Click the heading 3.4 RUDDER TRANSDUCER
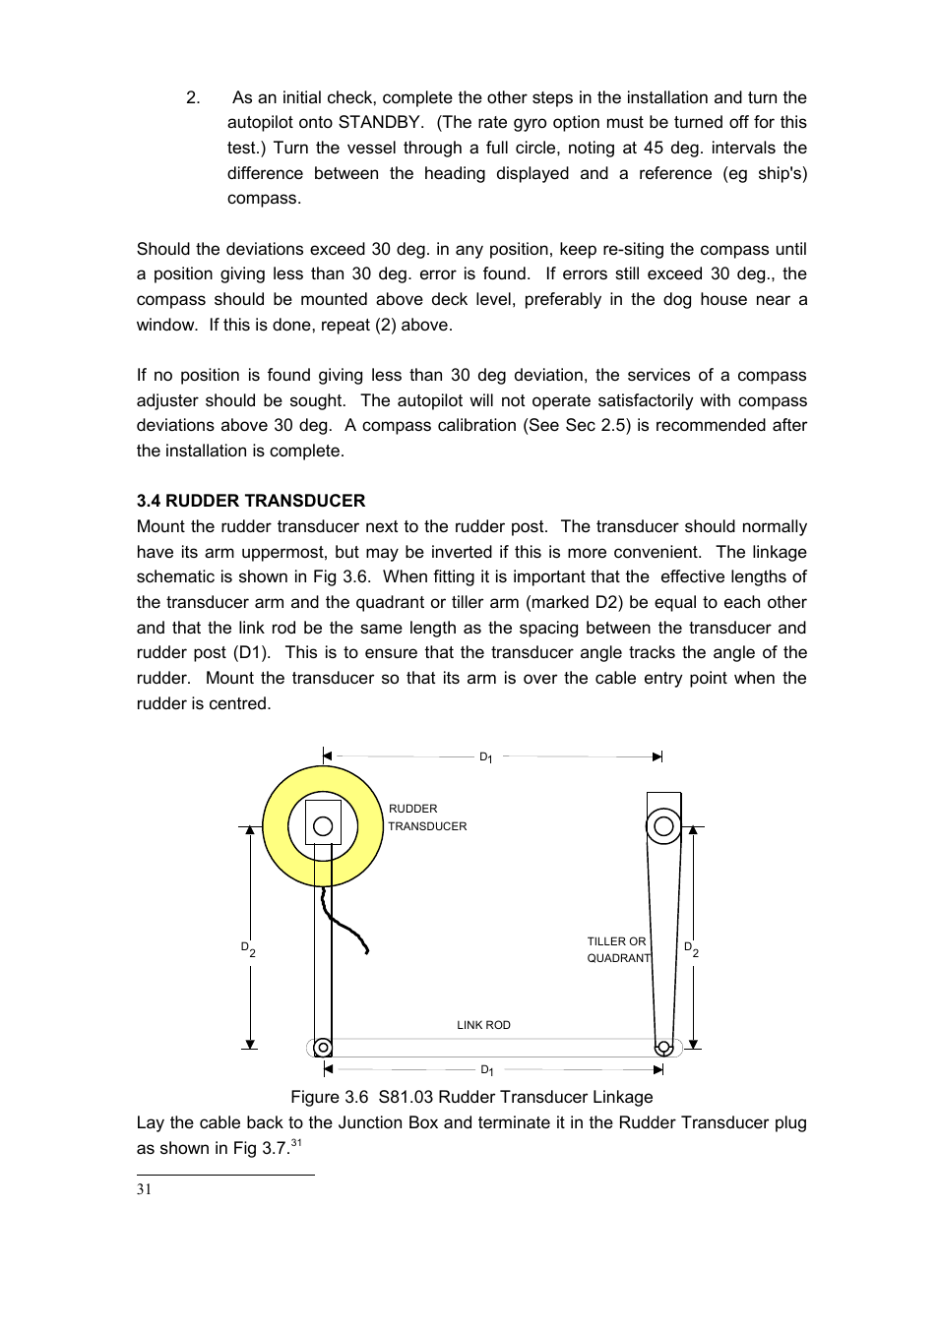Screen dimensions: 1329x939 coord(250,501)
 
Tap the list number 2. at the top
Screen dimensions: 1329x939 coord(193,97)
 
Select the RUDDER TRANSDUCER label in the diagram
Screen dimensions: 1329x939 coord(426,817)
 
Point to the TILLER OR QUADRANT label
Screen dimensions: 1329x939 coord(617,949)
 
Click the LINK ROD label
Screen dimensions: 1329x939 coord(483,1025)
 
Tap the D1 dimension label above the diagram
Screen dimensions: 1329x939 coord(485,757)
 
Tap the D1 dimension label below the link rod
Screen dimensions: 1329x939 coord(486,1070)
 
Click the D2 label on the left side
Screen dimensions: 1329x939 coord(248,949)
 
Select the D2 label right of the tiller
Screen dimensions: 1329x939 coord(691,949)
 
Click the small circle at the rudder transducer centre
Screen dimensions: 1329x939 coord(323,826)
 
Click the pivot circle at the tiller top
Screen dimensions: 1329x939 coord(663,826)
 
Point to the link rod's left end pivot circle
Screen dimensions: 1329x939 coord(323,1049)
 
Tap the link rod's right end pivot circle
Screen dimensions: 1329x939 coord(663,1048)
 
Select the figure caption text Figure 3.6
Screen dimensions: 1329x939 coord(329,1097)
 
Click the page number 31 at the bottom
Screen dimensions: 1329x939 coord(144,1189)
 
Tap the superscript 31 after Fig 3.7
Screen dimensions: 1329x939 coord(296,1143)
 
